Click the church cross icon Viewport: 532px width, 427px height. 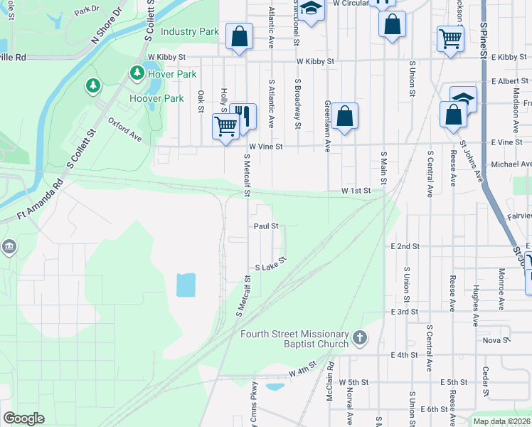pos(361,337)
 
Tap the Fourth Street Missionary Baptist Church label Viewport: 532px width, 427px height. pos(294,339)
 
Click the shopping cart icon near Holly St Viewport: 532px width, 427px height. pos(226,127)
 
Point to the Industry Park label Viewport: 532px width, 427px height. pos(189,32)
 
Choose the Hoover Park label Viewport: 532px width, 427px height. pos(156,98)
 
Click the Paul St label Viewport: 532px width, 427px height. pos(265,226)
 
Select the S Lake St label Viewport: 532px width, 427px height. pos(270,265)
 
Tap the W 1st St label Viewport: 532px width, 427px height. pos(356,191)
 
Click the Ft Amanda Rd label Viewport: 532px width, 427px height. pos(40,201)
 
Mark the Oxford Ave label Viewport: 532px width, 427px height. pos(125,132)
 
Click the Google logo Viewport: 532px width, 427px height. pos(23,418)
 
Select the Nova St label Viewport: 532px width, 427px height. pos(496,340)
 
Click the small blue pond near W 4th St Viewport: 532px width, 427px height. pos(275,387)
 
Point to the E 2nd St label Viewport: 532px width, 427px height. pos(405,246)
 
